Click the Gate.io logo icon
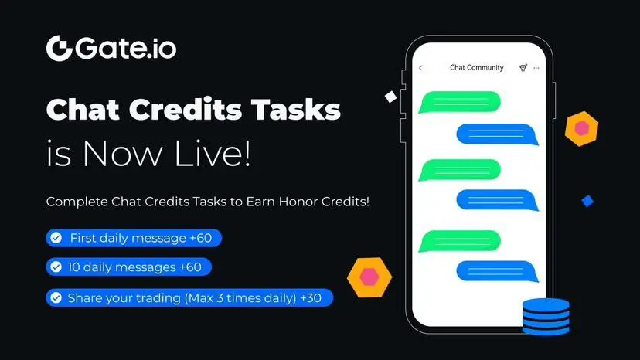pyautogui.click(x=60, y=48)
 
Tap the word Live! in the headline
pyautogui.click(x=213, y=153)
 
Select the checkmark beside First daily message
pyautogui.click(x=56, y=238)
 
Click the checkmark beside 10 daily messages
pyautogui.click(x=56, y=267)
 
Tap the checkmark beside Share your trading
pyautogui.click(x=56, y=298)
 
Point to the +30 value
pyautogui.click(x=311, y=298)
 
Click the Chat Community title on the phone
pyautogui.click(x=477, y=67)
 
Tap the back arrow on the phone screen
pyautogui.click(x=420, y=68)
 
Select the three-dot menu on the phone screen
pyautogui.click(x=536, y=68)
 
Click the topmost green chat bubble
pyautogui.click(x=460, y=102)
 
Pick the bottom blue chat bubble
pyautogui.click(x=497, y=271)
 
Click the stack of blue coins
pyautogui.click(x=546, y=317)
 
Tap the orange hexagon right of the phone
pyautogui.click(x=581, y=128)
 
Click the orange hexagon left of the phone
pyautogui.click(x=369, y=277)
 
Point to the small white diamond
pyautogui.click(x=390, y=97)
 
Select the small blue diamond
pyautogui.click(x=587, y=201)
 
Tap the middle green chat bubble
pyautogui.click(x=460, y=170)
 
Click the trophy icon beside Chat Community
pyautogui.click(x=523, y=68)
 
